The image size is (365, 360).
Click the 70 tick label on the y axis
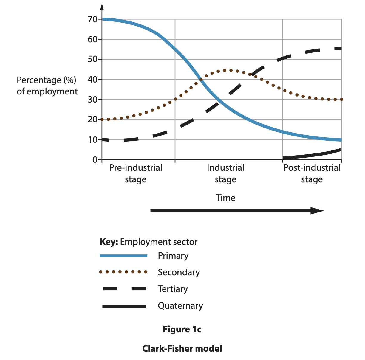click(x=92, y=19)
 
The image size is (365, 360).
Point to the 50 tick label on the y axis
click(x=92, y=59)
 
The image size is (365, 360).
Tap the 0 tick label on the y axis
click(x=95, y=160)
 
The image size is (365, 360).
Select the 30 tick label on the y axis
click(x=92, y=100)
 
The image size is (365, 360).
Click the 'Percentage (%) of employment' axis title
click(x=47, y=86)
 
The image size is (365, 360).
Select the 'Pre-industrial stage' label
click(x=136, y=173)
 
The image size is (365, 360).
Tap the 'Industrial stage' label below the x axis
click(x=225, y=173)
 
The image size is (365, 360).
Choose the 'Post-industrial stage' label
click(x=312, y=173)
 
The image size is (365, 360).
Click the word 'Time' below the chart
click(x=225, y=198)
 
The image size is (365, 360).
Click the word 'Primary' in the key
click(x=173, y=256)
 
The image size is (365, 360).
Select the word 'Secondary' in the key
click(x=179, y=272)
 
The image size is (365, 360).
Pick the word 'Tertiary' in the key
click(x=173, y=289)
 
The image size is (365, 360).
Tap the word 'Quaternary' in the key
click(x=180, y=306)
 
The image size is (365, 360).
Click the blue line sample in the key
click(x=123, y=256)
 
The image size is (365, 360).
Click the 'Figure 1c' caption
click(x=182, y=329)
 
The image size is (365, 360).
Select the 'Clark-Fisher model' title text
click(x=182, y=348)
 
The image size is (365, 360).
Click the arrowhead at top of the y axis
click(x=102, y=7)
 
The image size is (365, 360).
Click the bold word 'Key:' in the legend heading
click(x=109, y=242)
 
